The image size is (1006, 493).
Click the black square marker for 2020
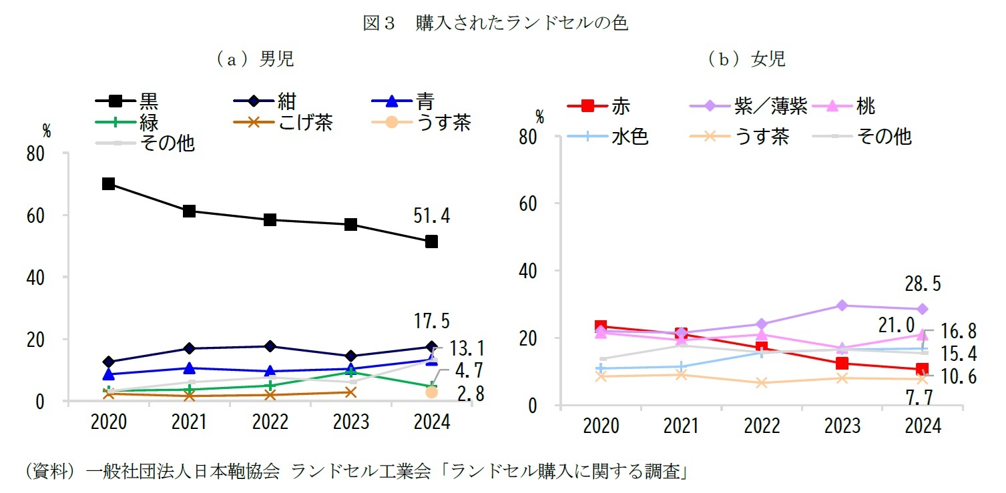pyautogui.click(x=108, y=183)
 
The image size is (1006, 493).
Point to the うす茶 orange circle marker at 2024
pyautogui.click(x=431, y=392)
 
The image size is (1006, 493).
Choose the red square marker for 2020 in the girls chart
pyautogui.click(x=600, y=326)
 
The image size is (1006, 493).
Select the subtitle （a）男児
pyautogui.click(x=254, y=59)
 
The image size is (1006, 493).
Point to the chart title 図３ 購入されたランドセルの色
pyautogui.click(x=495, y=23)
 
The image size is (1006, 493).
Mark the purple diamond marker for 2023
pyautogui.click(x=841, y=306)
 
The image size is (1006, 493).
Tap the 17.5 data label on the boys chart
pyautogui.click(x=431, y=322)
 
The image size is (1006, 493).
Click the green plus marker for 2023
pyautogui.click(x=350, y=372)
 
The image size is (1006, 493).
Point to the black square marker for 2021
pyautogui.click(x=189, y=211)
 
